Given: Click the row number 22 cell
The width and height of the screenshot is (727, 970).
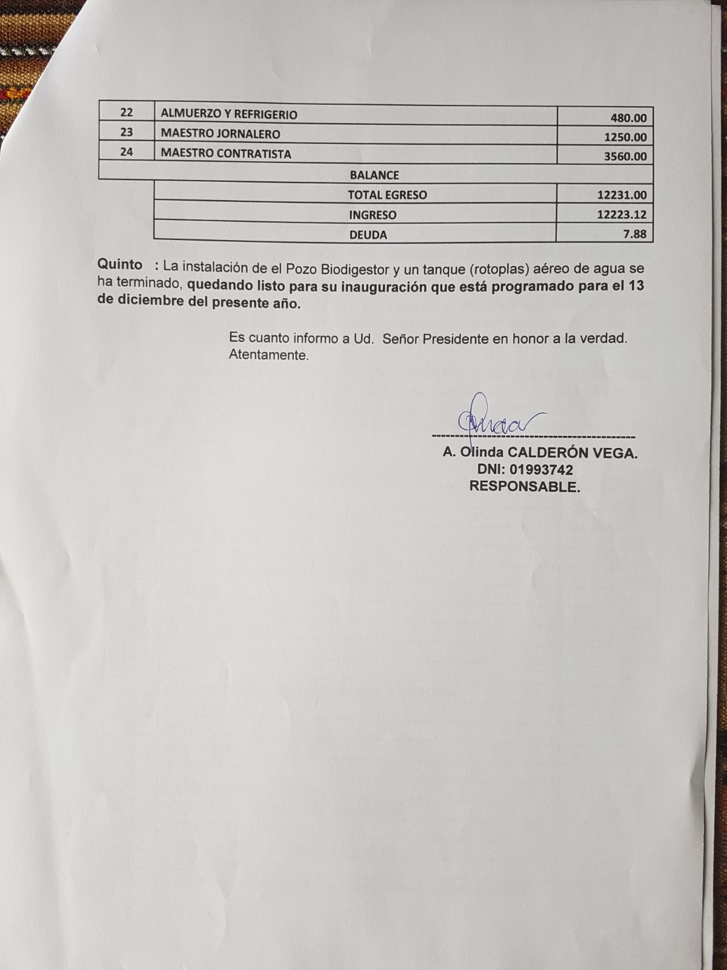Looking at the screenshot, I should (x=127, y=113).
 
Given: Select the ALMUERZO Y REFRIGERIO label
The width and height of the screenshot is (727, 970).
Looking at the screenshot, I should (x=229, y=114).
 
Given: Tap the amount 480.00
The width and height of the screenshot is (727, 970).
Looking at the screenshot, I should (x=628, y=118).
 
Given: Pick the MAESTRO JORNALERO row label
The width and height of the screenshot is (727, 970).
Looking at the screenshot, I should (x=221, y=133).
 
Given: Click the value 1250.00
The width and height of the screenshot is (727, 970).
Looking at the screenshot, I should (x=625, y=137).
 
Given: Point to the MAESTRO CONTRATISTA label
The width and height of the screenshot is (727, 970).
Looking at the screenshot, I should (x=226, y=153).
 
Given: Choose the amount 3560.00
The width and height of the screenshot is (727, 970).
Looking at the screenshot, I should (x=625, y=156).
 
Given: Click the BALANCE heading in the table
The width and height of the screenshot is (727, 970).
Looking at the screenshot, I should (x=374, y=175).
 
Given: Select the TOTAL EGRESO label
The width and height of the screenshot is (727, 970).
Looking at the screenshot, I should (x=387, y=195).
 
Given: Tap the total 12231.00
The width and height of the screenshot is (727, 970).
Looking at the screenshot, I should (x=622, y=195).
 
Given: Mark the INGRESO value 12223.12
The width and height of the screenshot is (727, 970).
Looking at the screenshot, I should (x=622, y=215).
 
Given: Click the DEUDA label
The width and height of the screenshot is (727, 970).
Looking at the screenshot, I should (x=368, y=235).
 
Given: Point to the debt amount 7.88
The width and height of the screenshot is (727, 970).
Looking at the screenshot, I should (x=635, y=234).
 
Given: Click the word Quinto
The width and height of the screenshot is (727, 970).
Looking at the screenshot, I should (x=120, y=265).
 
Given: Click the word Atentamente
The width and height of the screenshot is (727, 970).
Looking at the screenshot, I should (x=268, y=355).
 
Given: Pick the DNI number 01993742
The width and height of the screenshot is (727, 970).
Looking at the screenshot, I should (x=541, y=469).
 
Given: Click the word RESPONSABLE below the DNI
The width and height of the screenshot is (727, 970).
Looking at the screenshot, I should (x=524, y=486).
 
